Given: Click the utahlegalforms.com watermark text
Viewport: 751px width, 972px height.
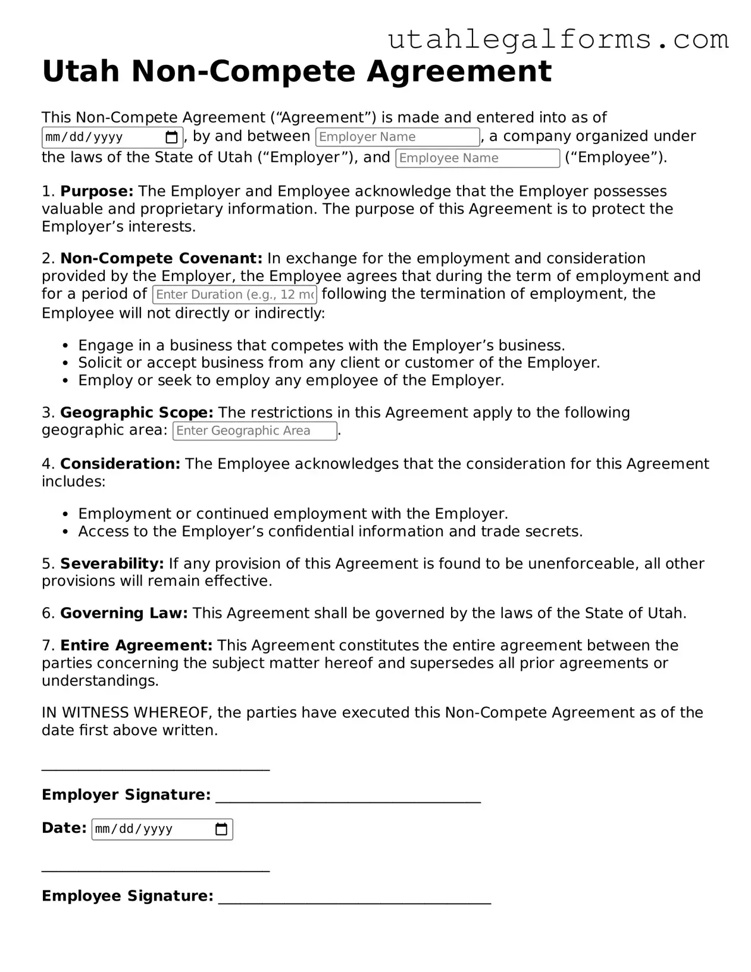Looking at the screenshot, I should click(558, 39).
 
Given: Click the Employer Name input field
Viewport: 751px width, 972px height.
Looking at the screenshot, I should click(397, 137).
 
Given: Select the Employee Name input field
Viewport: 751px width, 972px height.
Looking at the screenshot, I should click(477, 158).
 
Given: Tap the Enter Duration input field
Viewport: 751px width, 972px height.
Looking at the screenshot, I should click(234, 295).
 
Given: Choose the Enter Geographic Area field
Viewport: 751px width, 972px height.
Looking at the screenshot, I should click(254, 431).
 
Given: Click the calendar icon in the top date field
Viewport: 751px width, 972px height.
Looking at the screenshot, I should click(171, 137).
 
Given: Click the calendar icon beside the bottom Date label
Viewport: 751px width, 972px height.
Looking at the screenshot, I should click(221, 829).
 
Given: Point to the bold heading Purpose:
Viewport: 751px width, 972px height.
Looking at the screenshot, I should click(97, 191).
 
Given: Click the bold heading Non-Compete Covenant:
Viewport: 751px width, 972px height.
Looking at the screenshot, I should click(161, 258).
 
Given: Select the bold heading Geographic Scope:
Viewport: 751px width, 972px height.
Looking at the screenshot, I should click(136, 412).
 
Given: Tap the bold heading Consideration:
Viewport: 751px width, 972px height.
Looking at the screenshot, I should click(120, 464).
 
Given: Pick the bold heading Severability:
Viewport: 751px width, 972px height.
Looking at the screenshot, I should click(112, 564).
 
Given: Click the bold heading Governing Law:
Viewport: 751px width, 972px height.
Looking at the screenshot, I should click(124, 613).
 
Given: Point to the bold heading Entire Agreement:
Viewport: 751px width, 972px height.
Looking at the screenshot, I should click(136, 645).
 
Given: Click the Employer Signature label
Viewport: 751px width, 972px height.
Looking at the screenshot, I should click(126, 795).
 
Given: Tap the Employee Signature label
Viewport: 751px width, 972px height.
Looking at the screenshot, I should click(127, 896).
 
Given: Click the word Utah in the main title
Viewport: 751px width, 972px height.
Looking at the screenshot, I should click(81, 71).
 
